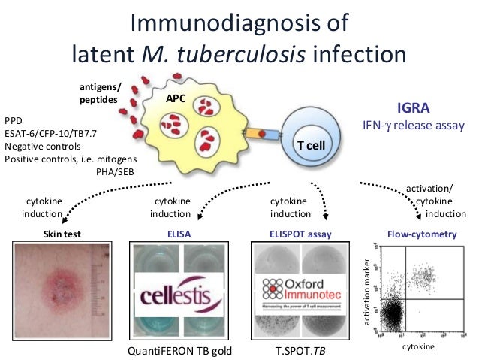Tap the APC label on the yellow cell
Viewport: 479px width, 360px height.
click(176, 98)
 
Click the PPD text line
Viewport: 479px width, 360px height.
click(14, 119)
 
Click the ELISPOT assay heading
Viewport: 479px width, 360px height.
click(300, 234)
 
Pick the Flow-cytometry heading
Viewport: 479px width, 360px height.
click(421, 234)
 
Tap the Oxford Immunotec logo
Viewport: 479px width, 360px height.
click(300, 290)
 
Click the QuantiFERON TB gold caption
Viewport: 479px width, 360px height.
click(181, 351)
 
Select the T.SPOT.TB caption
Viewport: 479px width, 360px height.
click(300, 351)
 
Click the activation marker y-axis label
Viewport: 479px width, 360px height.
click(366, 293)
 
